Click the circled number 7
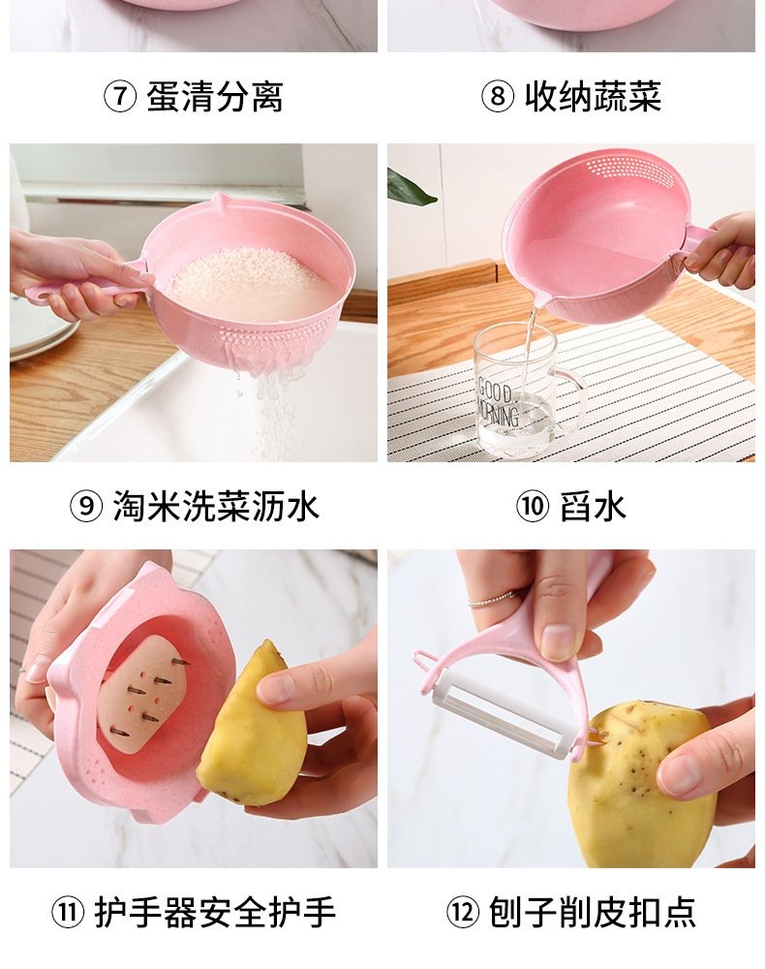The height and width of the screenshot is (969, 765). [120, 97]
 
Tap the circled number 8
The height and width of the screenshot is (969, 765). [498, 97]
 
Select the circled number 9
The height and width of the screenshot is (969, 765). [86, 506]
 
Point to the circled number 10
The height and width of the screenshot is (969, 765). [533, 506]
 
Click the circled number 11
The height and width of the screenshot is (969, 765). [68, 912]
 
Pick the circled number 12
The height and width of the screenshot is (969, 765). [463, 912]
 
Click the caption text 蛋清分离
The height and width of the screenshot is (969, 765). [215, 97]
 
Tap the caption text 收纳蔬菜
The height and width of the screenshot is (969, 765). [593, 97]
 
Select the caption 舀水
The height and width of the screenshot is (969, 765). [593, 506]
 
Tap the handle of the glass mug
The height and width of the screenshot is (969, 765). [570, 398]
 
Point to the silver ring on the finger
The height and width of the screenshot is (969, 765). [492, 599]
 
